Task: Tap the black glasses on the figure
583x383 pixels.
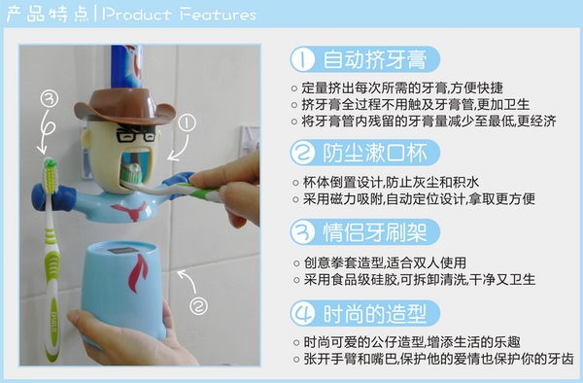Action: [136, 133]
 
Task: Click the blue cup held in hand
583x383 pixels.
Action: [123, 290]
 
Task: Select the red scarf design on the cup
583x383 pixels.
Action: [138, 274]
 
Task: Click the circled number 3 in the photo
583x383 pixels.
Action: [50, 99]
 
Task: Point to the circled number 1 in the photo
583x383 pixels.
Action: [187, 123]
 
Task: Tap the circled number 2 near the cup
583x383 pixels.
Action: [199, 306]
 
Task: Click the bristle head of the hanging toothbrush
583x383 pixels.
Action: [51, 176]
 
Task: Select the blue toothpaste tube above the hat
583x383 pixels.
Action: [126, 67]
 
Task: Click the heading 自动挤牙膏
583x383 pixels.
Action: [375, 59]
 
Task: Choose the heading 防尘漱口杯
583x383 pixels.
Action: [375, 153]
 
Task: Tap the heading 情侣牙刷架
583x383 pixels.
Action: [375, 232]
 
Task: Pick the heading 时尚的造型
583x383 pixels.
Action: [375, 313]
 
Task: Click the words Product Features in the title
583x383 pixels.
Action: [179, 15]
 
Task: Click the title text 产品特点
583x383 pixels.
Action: [48, 15]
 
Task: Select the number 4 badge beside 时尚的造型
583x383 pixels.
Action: [303, 313]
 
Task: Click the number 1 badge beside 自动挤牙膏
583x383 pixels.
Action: [303, 59]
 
